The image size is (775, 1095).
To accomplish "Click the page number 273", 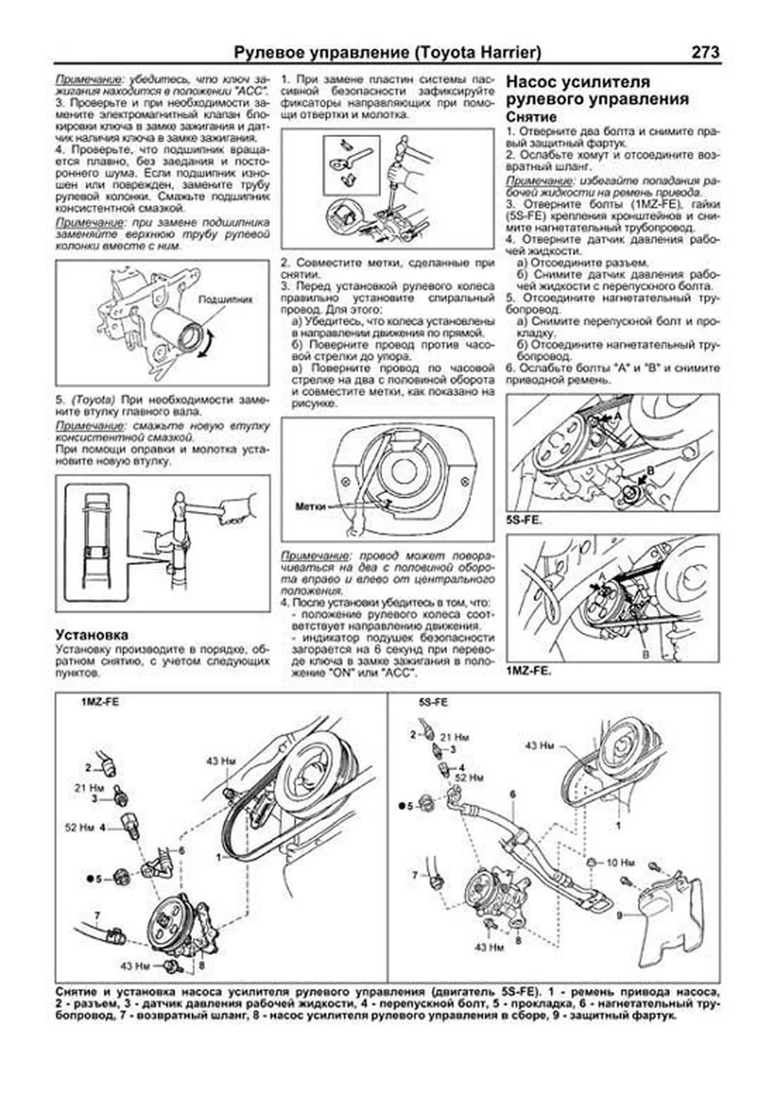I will point(705,52).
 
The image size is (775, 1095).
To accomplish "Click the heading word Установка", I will point(92,635).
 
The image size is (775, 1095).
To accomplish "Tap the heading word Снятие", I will point(531,117).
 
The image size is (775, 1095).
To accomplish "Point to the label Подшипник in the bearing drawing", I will point(225,299).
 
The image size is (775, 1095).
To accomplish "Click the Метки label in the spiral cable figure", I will point(310,507).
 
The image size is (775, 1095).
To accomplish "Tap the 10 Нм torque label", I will point(620,863).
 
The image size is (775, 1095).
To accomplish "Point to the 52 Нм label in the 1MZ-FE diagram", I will point(79,827).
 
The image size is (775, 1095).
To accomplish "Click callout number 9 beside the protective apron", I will point(619,915).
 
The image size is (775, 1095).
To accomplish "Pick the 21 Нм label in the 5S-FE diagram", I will point(454,737).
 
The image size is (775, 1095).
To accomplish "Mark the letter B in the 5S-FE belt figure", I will point(650,470).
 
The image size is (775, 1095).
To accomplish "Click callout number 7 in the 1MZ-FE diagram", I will point(97,916).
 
